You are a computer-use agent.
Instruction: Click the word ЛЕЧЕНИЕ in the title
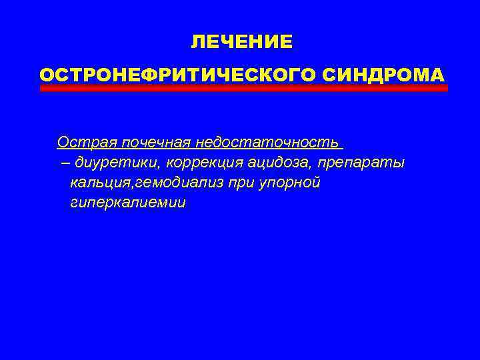(241, 43)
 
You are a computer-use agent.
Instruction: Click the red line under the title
(244, 87)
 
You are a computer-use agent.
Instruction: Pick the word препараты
(362, 163)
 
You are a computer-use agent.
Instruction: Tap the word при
(221, 183)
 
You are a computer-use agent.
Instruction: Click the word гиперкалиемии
(127, 203)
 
